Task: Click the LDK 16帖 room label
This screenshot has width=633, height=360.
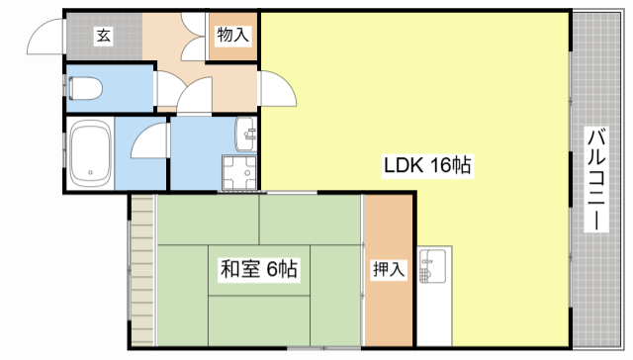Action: [427, 165]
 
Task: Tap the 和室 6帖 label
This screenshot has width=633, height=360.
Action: [259, 269]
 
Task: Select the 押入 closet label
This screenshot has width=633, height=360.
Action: [389, 269]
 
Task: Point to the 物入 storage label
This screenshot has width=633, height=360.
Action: [232, 35]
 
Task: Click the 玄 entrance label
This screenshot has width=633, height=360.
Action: [103, 36]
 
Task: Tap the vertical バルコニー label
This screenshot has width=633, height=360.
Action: [596, 179]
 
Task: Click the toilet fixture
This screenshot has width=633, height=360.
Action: [86, 88]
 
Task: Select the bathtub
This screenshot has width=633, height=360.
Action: [90, 153]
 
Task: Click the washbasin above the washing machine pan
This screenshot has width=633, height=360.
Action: [245, 134]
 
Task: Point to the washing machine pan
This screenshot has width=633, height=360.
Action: [239, 172]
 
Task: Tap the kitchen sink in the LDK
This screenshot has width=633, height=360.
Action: [432, 266]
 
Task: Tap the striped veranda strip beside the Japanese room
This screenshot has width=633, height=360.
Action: [142, 270]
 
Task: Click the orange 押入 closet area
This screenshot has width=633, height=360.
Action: [389, 270]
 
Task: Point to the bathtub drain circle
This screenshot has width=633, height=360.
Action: [90, 172]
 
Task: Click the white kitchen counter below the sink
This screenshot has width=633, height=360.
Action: [434, 315]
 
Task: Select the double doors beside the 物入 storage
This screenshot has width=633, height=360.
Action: [194, 37]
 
